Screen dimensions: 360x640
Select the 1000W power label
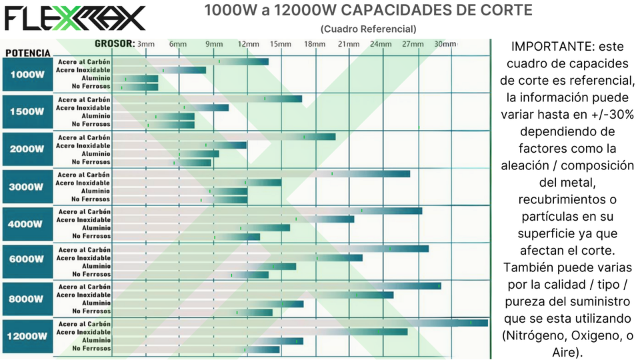click(x=27, y=75)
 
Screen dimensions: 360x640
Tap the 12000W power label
click(x=27, y=336)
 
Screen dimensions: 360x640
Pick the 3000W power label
click(x=27, y=187)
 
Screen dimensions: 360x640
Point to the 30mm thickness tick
click(x=444, y=44)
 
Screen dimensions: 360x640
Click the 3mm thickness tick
click(x=146, y=44)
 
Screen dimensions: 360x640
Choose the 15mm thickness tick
click(x=280, y=44)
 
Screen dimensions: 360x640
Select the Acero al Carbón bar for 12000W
click(x=300, y=323)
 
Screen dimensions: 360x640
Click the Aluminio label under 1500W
click(x=96, y=116)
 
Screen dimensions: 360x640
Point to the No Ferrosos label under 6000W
click(x=91, y=274)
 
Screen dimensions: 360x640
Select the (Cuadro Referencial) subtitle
click(x=368, y=29)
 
